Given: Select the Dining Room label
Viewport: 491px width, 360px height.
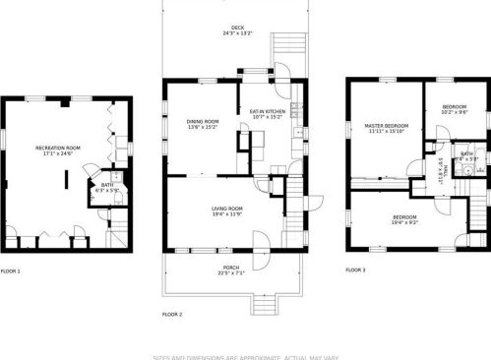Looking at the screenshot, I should coord(203,125).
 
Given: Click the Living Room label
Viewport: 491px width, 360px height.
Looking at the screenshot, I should coord(227,210).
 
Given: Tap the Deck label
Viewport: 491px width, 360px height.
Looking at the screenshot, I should coord(237,30).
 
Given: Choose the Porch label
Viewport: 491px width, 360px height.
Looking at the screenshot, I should coord(231,270).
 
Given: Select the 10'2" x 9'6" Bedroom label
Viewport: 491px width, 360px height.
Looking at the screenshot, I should coord(454,109).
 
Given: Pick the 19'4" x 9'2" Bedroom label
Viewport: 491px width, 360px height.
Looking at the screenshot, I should coord(404,219).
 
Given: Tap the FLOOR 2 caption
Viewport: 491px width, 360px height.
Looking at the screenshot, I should coord(172,315).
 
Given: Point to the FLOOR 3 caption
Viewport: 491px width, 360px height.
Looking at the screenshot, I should coord(355,270).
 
